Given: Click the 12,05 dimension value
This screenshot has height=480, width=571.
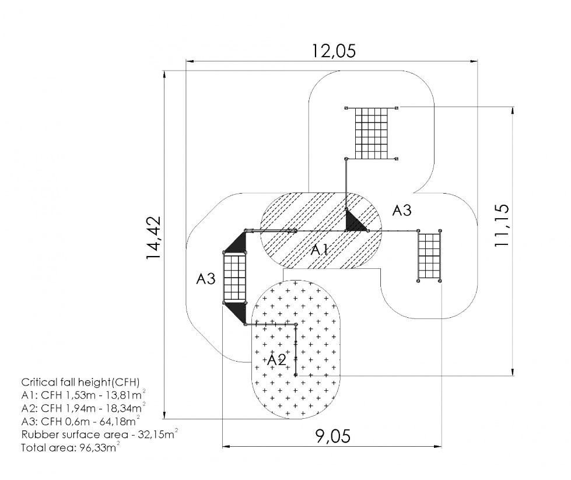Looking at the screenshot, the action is click(334, 51).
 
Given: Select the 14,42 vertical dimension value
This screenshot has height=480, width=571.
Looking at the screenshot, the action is click(153, 238).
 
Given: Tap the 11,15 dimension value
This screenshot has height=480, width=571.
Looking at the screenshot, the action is click(502, 226).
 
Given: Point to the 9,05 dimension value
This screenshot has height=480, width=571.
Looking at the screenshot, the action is click(333, 436).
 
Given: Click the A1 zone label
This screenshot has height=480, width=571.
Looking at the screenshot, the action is click(320, 251).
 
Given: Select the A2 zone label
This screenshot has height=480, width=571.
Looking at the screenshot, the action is click(277, 360).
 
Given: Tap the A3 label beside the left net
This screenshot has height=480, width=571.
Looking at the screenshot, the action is click(206, 279).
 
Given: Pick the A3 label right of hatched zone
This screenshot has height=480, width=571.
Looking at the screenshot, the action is click(402, 210).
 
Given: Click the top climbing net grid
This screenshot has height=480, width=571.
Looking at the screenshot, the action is click(372, 134).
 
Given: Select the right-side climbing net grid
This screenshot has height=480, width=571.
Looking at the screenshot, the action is click(429, 256).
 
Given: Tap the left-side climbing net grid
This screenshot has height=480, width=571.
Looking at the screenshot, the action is click(234, 278).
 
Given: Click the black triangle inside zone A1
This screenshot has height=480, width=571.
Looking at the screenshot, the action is click(353, 223).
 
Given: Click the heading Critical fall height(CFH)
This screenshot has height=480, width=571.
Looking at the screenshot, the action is click(80, 383).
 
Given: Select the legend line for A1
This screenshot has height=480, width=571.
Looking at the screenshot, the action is click(84, 395).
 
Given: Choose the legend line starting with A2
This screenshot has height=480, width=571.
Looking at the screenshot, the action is click(84, 408).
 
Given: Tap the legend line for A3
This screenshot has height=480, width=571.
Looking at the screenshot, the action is click(81, 421).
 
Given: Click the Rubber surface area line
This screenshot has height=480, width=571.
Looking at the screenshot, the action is click(100, 434).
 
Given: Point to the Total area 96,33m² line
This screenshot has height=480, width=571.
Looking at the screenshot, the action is click(71, 447).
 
